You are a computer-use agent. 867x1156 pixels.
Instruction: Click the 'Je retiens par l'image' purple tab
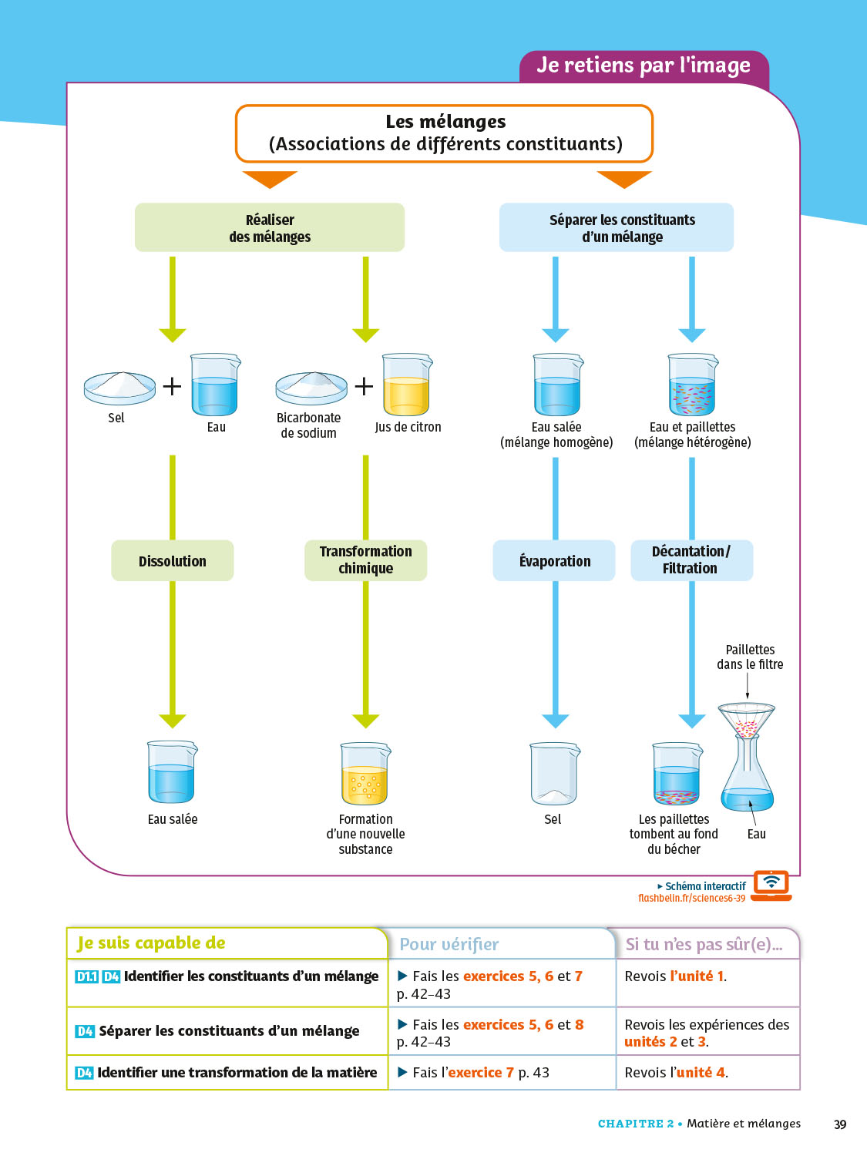pos(644,66)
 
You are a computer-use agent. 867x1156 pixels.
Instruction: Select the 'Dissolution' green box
pos(173,561)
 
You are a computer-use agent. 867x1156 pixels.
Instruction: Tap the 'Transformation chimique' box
pos(366,560)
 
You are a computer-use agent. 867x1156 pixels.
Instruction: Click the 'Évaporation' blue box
pos(554,561)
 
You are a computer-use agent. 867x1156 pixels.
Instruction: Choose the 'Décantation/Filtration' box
pos(691,560)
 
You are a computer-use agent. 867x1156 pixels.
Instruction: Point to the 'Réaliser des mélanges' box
pos(270,228)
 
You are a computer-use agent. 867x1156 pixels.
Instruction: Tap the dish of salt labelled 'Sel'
pos(119,387)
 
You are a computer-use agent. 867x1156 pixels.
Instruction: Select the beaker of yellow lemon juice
pos(406,385)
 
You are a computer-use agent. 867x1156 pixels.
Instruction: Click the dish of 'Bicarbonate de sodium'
pos(311,387)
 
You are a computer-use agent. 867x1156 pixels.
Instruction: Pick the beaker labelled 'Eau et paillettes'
pos(692,385)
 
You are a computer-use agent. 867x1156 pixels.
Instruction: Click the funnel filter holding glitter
pos(746,721)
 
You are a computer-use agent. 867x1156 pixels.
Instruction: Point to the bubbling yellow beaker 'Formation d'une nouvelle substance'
pos(365,775)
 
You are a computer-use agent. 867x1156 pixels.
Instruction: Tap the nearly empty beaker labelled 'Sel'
pos(553,775)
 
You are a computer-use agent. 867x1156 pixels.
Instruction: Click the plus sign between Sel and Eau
pos(172,386)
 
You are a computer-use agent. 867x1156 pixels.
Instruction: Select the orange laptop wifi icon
pos(771,885)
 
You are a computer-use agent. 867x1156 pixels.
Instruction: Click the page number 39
pos(840,1124)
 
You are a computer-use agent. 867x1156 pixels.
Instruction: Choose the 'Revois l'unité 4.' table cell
pos(707,1072)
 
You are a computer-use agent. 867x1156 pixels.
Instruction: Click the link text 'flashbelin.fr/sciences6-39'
pos(691,899)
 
